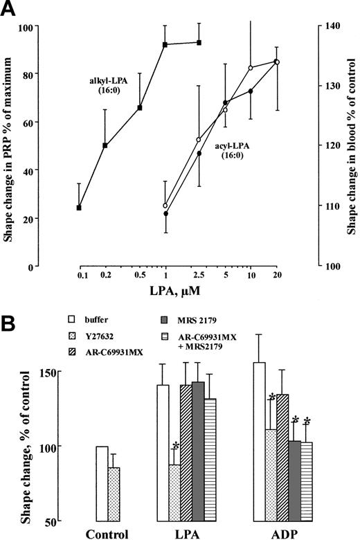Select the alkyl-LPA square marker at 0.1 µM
pos(80,208)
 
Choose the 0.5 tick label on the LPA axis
pos(139,276)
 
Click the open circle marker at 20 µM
pos(277,62)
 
